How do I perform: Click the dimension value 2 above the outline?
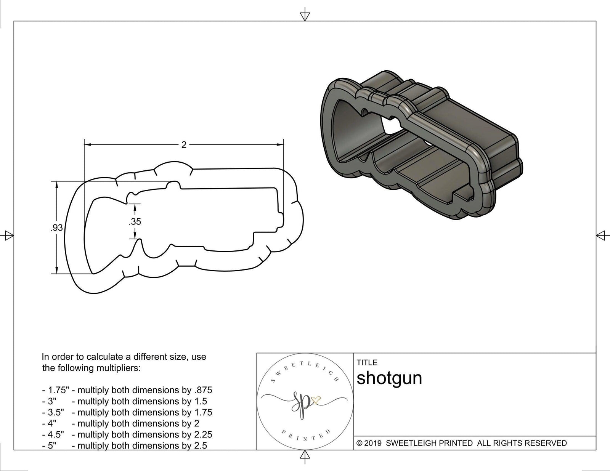(x=184, y=145)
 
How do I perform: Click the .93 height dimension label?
(x=56, y=228)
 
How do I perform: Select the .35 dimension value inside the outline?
(x=135, y=221)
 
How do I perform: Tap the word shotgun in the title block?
(x=389, y=378)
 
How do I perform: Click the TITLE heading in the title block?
(x=367, y=362)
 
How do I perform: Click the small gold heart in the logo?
(x=316, y=400)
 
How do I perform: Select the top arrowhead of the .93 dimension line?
(x=57, y=184)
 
